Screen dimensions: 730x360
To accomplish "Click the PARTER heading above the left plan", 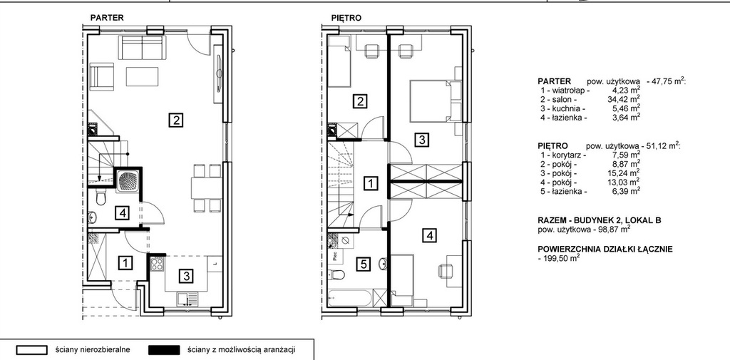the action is [107, 18].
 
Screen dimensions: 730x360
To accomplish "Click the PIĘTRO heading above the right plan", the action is [346, 18].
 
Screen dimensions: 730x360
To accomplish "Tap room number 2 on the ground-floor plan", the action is [175, 120].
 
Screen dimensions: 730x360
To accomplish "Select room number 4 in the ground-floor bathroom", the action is [122, 213].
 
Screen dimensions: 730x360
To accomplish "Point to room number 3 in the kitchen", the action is [186, 276].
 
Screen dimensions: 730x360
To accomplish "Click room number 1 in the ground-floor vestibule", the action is [125, 263].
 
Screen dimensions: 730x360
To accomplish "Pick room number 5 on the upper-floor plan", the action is [363, 264].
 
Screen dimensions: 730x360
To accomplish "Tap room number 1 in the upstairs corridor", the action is [371, 183].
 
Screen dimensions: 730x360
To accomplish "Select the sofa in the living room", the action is [142, 47].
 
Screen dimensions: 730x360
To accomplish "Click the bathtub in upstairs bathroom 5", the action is [350, 298].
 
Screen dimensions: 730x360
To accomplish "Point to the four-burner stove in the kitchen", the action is [157, 264].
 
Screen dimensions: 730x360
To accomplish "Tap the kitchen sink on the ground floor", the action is [187, 299].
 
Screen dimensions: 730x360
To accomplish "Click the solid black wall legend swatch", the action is [163, 350].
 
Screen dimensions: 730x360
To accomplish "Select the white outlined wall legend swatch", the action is [31, 350].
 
